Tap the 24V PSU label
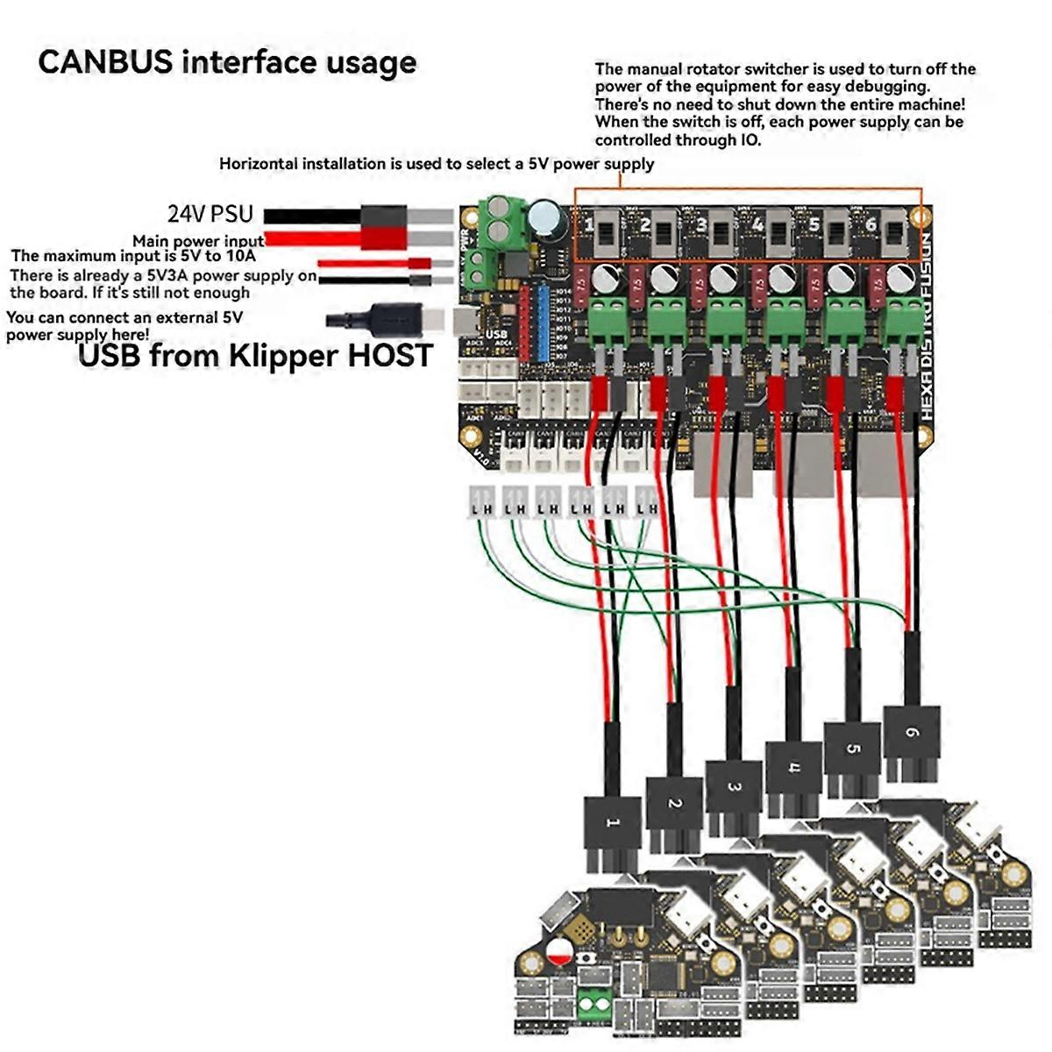(x=210, y=214)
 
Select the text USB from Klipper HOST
(x=256, y=355)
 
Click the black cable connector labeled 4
(x=793, y=770)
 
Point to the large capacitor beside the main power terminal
(x=545, y=218)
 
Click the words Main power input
(x=198, y=241)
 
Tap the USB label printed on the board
(x=496, y=334)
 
